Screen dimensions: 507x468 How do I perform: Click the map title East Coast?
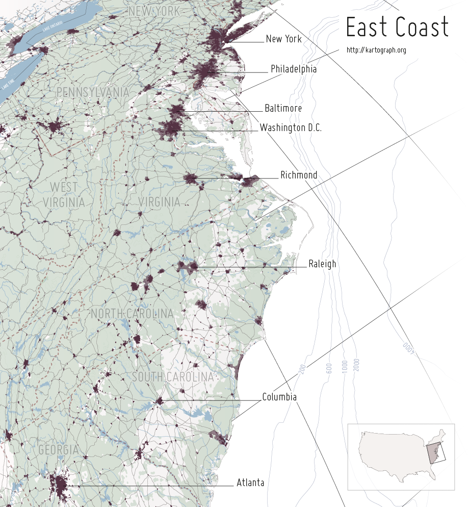pos(397,27)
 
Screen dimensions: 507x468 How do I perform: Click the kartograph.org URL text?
pos(376,50)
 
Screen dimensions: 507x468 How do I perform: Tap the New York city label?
pos(283,39)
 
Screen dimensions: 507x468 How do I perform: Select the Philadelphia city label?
pos(293,69)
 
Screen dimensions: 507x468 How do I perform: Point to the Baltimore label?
pos(283,108)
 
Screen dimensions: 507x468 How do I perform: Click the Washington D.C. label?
pos(291,128)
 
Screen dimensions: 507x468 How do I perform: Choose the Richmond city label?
pos(299,175)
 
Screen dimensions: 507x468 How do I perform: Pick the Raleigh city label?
pos(322,264)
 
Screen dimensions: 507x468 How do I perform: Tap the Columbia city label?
pos(279,397)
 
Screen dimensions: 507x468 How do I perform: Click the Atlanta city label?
pos(250,483)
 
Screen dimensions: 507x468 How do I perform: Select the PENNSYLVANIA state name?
pos(93,92)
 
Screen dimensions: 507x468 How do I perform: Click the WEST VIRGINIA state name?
pos(64,194)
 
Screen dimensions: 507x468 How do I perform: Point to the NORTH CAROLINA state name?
pos(132,314)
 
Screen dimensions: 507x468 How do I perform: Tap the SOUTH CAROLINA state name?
pos(172,377)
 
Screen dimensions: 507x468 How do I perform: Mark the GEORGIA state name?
pos(59,450)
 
